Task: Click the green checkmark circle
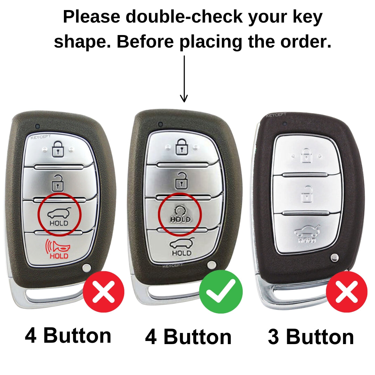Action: tap(221, 292)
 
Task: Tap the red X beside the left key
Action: tap(103, 292)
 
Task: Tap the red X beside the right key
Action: tap(347, 292)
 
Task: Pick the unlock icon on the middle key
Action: tap(182, 181)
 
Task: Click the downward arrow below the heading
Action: tap(184, 79)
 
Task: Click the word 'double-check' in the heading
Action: tap(184, 17)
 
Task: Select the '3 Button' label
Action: tap(311, 337)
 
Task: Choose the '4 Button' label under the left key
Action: tap(68, 335)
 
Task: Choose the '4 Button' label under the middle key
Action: tap(188, 337)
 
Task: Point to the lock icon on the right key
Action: tap(306, 156)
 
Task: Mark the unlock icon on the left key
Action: tap(58, 183)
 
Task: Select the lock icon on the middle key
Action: tap(182, 147)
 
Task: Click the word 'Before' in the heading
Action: tap(145, 42)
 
